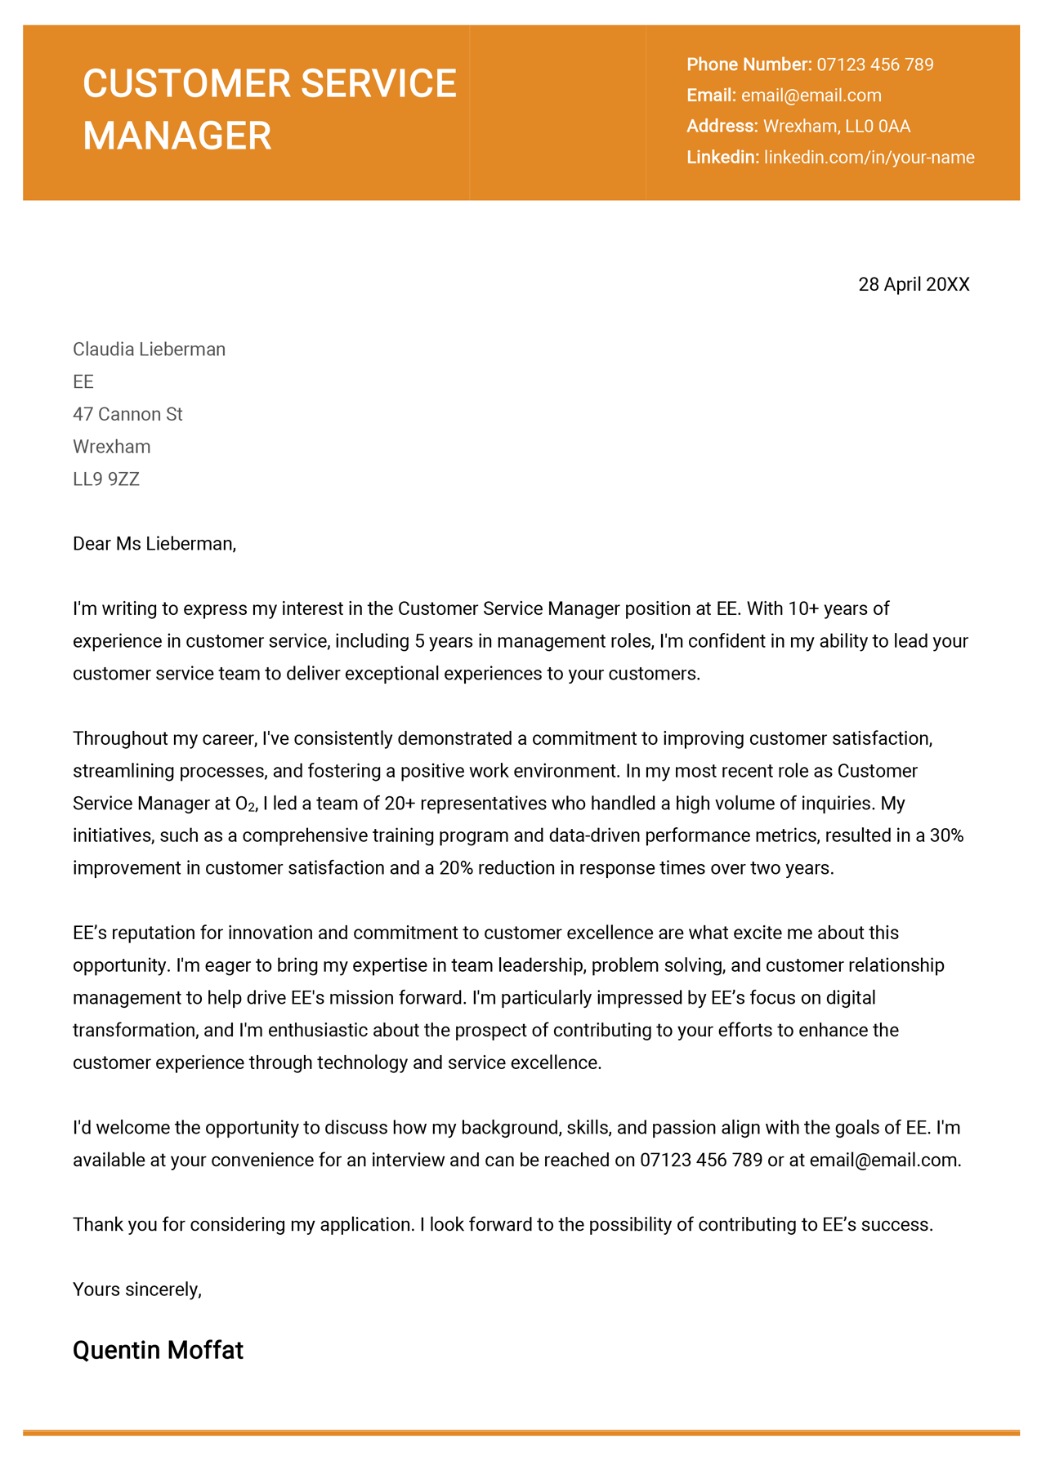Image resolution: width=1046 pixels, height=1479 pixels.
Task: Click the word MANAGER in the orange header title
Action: click(x=177, y=136)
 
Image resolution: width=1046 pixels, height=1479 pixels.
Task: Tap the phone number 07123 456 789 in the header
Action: click(x=874, y=65)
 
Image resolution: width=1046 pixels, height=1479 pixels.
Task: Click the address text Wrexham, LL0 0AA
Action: click(x=836, y=127)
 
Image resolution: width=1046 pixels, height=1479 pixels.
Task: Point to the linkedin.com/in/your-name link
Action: click(x=869, y=158)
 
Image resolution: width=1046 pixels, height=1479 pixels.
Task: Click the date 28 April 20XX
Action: click(x=914, y=284)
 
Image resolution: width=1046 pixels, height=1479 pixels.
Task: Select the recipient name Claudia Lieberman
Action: click(x=149, y=350)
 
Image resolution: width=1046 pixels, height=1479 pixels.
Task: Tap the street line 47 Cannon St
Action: click(x=127, y=414)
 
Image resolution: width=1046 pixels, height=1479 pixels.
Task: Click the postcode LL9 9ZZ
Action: click(x=106, y=479)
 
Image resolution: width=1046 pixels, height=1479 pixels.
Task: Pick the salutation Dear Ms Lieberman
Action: click(x=154, y=544)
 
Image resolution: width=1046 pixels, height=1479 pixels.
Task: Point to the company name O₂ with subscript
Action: click(x=245, y=804)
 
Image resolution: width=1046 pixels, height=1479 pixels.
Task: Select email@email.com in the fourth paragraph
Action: click(x=883, y=1160)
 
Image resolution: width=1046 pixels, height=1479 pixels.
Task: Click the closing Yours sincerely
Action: click(x=136, y=1290)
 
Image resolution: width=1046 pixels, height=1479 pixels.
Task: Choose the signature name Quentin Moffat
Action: click(x=158, y=1351)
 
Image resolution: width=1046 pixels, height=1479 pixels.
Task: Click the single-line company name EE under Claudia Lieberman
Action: click(x=83, y=382)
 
